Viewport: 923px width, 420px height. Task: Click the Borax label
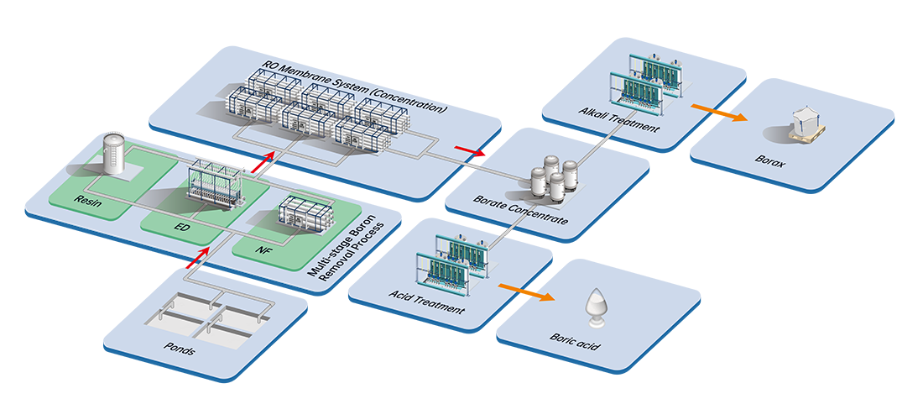(769, 162)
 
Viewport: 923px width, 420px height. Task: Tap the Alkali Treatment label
(619, 120)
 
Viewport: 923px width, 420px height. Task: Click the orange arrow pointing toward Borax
(707, 113)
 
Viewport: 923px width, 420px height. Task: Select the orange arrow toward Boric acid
(526, 291)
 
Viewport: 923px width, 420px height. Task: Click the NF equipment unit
(306, 217)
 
